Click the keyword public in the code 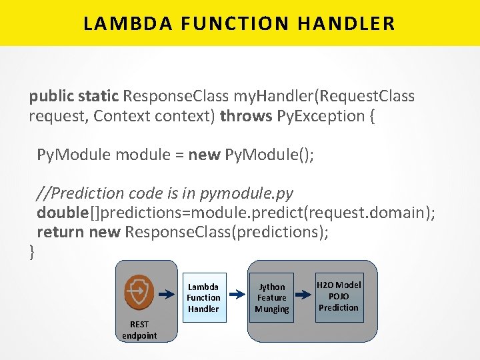(x=51, y=97)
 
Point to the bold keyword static (x=99, y=97)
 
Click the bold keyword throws (x=246, y=116)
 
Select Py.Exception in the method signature (x=320, y=116)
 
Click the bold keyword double (x=63, y=213)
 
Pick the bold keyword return (x=60, y=232)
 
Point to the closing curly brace (x=32, y=251)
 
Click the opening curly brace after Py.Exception (x=371, y=116)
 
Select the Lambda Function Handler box (x=203, y=297)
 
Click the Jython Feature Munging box (x=271, y=297)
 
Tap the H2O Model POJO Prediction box (x=339, y=296)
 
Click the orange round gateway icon (x=139, y=291)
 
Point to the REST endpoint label (x=139, y=330)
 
